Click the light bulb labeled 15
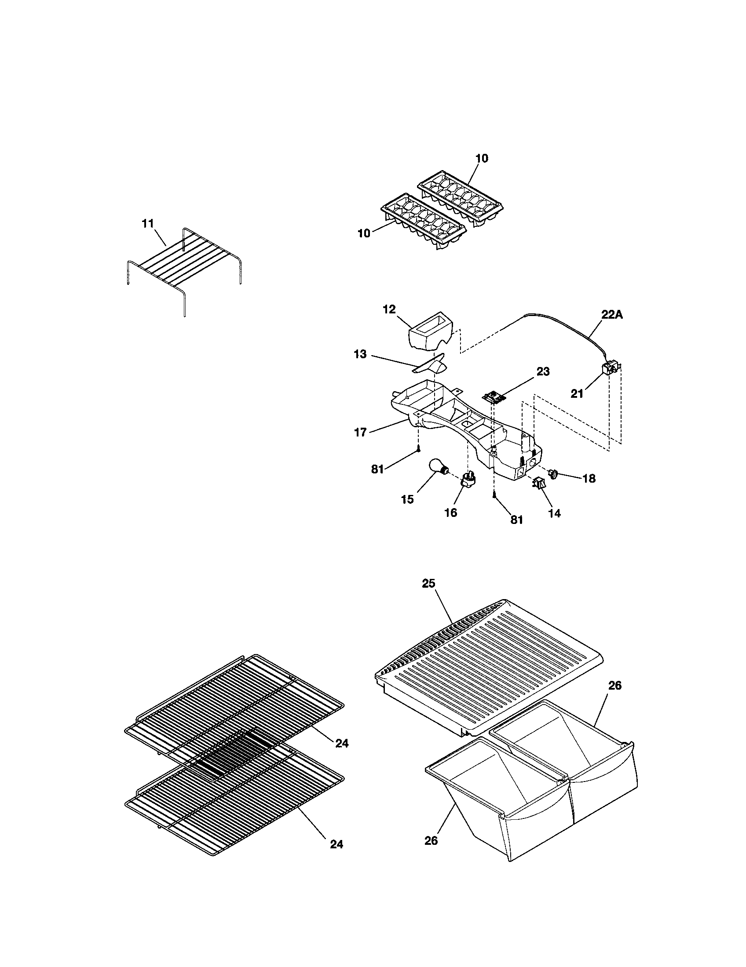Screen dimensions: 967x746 437,468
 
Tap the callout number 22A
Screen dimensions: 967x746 612,314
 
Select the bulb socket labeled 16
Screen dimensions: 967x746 468,480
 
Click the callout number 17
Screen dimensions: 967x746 361,432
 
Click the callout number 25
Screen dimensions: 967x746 428,584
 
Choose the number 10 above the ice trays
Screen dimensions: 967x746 482,158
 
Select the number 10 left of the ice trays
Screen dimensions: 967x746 364,233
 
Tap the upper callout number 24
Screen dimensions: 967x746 341,743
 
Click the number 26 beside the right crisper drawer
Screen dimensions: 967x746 614,685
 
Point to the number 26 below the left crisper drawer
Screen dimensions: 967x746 431,840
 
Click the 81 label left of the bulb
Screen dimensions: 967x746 377,469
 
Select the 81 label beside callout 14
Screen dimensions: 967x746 516,520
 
